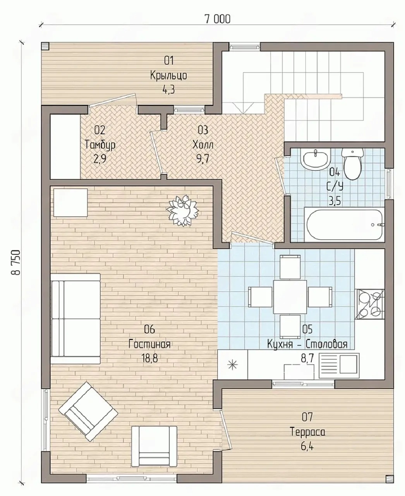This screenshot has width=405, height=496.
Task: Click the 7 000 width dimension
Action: (x=218, y=19)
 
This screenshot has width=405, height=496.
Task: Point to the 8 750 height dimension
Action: (x=16, y=262)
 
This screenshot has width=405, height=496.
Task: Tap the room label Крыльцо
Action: (x=168, y=76)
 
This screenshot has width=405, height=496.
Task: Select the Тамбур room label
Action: (x=100, y=145)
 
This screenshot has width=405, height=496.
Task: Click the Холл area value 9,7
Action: (x=203, y=159)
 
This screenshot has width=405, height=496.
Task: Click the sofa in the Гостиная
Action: (x=75, y=319)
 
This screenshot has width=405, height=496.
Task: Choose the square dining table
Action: (x=290, y=297)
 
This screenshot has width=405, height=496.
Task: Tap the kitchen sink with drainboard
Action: (x=339, y=366)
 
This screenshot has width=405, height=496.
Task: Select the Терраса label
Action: (x=308, y=432)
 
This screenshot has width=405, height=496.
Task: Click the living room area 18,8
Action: (x=149, y=359)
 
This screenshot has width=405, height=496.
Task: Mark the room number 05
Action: (x=307, y=329)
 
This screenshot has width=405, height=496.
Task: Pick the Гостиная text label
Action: (x=149, y=344)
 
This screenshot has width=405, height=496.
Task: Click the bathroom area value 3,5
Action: (x=335, y=201)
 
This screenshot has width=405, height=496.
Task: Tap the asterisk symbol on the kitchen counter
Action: (x=232, y=365)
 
